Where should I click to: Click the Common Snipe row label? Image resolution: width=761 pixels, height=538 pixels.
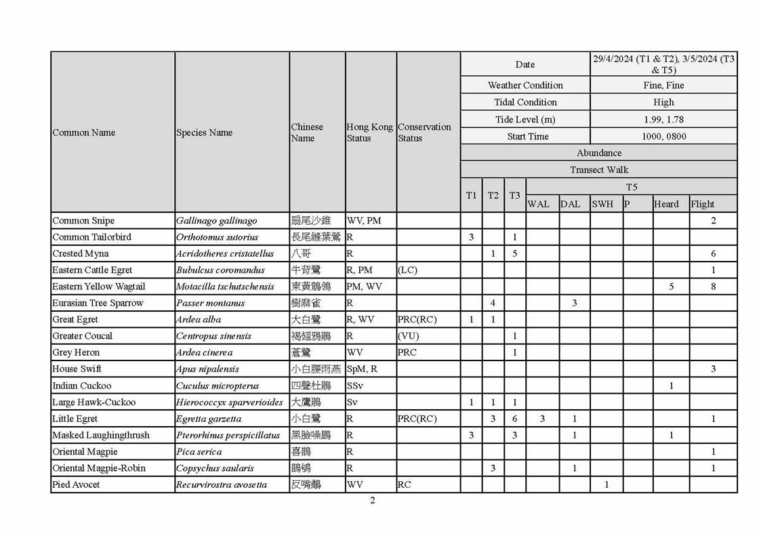(x=83, y=221)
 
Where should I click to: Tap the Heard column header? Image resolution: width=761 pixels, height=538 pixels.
(x=666, y=204)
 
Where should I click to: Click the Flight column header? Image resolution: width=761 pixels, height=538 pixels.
(x=703, y=204)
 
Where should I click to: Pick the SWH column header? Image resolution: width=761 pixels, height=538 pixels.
(x=602, y=204)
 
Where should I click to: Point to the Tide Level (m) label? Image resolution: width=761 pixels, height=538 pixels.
(x=525, y=119)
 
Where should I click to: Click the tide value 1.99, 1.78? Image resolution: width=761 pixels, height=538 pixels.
(x=663, y=119)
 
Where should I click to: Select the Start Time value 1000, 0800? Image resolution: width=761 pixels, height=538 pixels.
(x=663, y=136)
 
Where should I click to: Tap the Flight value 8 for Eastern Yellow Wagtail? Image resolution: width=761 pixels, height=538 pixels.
(x=714, y=287)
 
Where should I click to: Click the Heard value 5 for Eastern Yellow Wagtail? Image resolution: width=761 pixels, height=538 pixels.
(x=671, y=287)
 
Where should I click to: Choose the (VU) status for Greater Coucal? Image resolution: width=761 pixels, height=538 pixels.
(x=408, y=336)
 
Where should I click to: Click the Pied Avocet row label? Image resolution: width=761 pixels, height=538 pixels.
(x=76, y=484)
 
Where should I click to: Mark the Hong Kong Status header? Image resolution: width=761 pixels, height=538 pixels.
(x=369, y=132)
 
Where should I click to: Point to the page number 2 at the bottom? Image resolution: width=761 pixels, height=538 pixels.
(x=372, y=501)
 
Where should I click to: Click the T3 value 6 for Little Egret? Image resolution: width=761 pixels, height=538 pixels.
(x=515, y=419)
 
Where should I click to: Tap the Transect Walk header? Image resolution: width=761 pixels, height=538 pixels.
(x=598, y=170)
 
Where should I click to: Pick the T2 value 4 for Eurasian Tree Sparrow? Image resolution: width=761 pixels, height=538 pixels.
(x=493, y=303)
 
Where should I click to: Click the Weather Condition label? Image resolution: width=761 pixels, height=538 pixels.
(x=525, y=85)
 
